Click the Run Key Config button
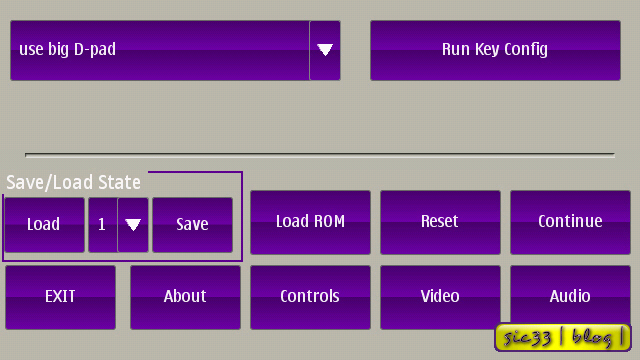pyautogui.click(x=495, y=50)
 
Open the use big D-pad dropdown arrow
pyautogui.click(x=325, y=50)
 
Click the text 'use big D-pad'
pyautogui.click(x=67, y=49)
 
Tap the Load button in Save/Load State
pyautogui.click(x=44, y=225)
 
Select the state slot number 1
pyautogui.click(x=102, y=224)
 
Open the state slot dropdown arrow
pyautogui.click(x=133, y=225)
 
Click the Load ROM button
pyautogui.click(x=310, y=222)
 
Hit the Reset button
pyautogui.click(x=440, y=222)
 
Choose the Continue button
pyautogui.click(x=570, y=222)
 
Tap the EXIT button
pyautogui.click(x=60, y=297)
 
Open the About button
pyautogui.click(x=185, y=297)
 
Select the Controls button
pyautogui.click(x=310, y=297)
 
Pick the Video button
pyautogui.click(x=440, y=297)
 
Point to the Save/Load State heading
pyautogui.click(x=73, y=182)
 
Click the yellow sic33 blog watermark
pyautogui.click(x=562, y=338)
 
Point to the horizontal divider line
pyautogui.click(x=320, y=155)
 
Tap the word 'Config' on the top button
pyautogui.click(x=526, y=50)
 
